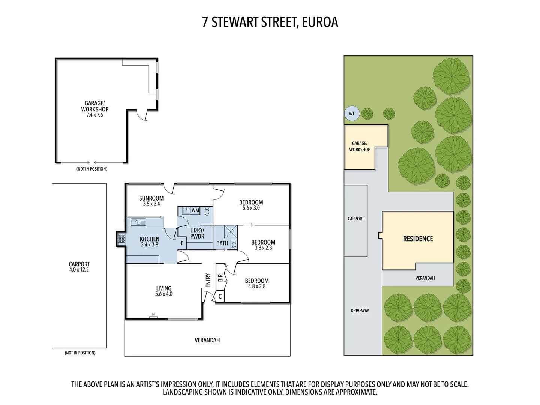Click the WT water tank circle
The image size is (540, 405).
pyautogui.click(x=352, y=114)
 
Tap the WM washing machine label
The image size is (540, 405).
pyautogui.click(x=195, y=210)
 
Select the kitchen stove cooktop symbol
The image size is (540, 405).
pyautogui.click(x=121, y=238)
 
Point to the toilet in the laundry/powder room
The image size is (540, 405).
pyautogui.click(x=207, y=211)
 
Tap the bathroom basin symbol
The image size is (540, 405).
pyautogui.click(x=234, y=245)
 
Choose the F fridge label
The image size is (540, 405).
pyautogui.click(x=182, y=243)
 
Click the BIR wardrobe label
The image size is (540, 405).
pyautogui.click(x=220, y=278)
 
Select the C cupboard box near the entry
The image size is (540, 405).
pyautogui.click(x=220, y=296)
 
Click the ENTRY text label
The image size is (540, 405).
pyautogui.click(x=208, y=280)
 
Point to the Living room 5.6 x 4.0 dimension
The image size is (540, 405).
pyautogui.click(x=164, y=294)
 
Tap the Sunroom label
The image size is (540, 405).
pyautogui.click(x=151, y=198)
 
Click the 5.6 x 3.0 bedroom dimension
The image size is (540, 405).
pyautogui.click(x=251, y=208)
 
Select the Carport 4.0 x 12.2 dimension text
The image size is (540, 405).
pyautogui.click(x=79, y=270)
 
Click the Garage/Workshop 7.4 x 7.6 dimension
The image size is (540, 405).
pyautogui.click(x=94, y=115)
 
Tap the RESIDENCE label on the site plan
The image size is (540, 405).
pyautogui.click(x=418, y=239)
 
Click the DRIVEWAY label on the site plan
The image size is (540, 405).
pyautogui.click(x=360, y=310)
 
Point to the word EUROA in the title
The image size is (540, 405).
pyautogui.click(x=320, y=22)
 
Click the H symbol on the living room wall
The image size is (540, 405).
pyautogui.click(x=153, y=315)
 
